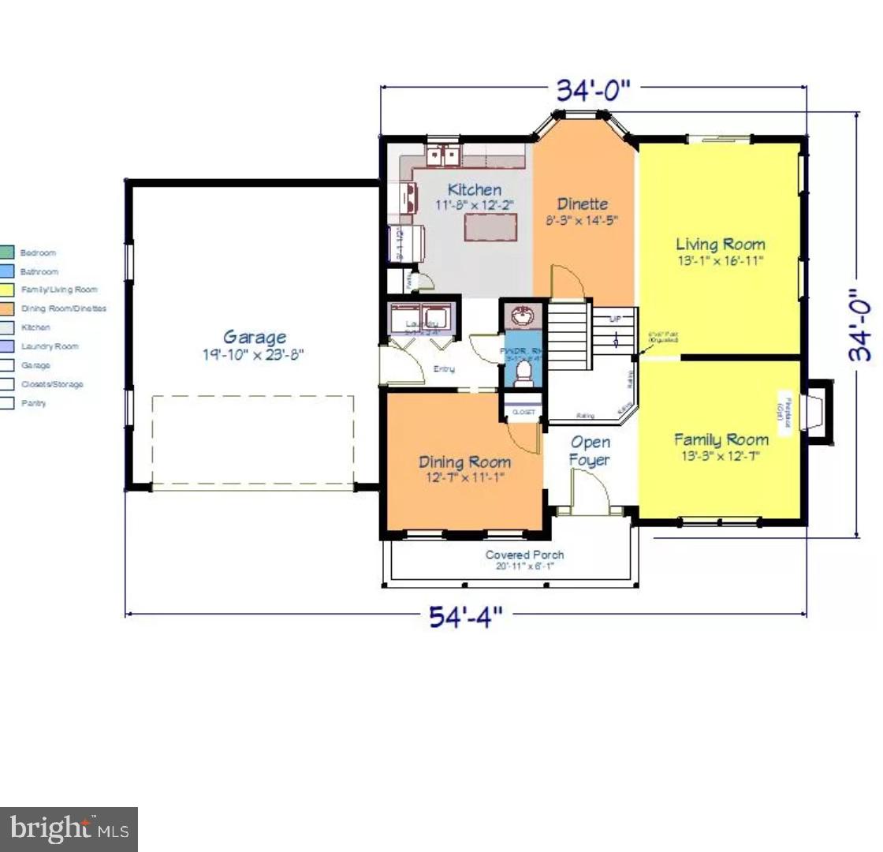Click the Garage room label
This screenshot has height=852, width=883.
tap(254, 338)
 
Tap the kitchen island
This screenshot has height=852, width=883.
tap(490, 227)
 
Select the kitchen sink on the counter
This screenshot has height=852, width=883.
tap(443, 155)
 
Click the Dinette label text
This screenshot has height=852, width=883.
tap(583, 204)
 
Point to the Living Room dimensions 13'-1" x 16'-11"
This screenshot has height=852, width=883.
tap(720, 261)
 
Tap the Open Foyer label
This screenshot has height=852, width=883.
tap(591, 450)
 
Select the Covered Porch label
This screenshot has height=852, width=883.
tap(524, 555)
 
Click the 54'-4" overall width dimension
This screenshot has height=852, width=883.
tap(465, 616)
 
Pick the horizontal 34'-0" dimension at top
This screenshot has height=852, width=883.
tap(594, 91)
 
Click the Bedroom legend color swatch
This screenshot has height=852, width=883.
tap(6, 252)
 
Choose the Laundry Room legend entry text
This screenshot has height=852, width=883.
tap(49, 346)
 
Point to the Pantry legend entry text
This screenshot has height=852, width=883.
tap(33, 403)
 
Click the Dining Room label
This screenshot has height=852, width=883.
tap(464, 462)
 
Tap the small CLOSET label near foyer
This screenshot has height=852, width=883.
tap(523, 412)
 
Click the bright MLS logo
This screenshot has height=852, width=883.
tap(69, 829)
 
